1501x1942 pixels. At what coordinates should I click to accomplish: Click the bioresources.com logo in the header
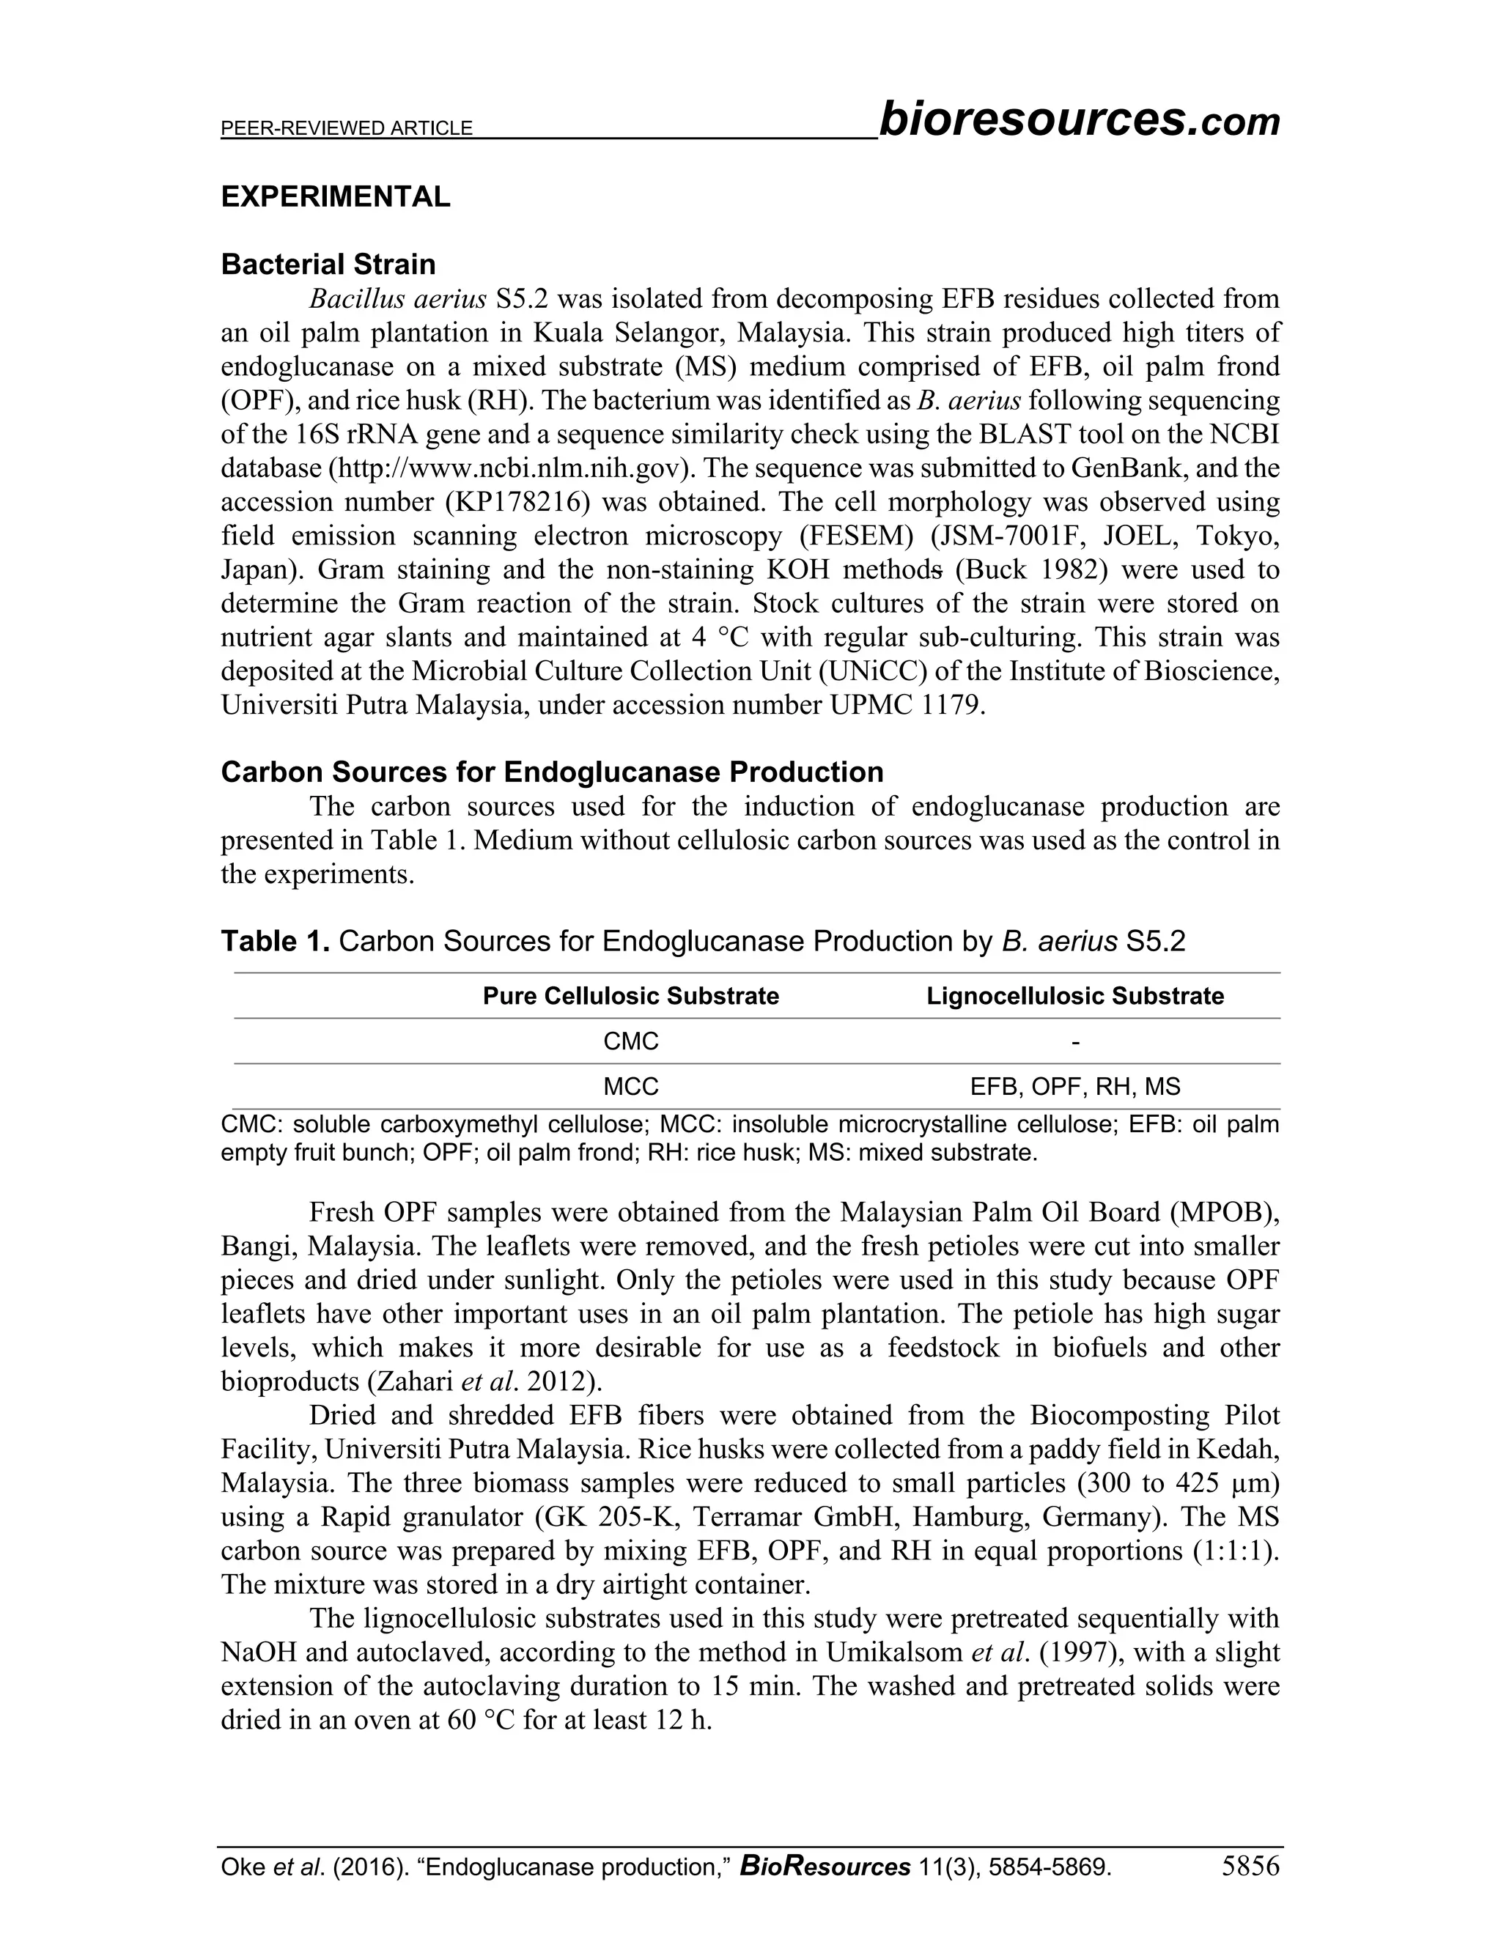point(1079,120)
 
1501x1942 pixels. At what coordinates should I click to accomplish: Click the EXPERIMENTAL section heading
point(335,196)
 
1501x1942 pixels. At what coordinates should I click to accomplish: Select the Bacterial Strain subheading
point(328,264)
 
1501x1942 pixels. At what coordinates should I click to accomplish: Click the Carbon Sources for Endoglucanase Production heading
point(551,772)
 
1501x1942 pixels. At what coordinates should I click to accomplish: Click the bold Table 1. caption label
point(276,941)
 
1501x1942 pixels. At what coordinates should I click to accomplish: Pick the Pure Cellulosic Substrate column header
point(630,996)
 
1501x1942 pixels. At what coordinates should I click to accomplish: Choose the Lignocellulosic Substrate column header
point(1074,996)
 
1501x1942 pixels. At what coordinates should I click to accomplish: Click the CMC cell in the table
point(630,1041)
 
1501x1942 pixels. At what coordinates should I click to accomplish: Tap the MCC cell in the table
point(630,1087)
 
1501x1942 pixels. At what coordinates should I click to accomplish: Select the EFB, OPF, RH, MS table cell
point(1074,1087)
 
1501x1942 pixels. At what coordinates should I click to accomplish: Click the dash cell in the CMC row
point(1075,1041)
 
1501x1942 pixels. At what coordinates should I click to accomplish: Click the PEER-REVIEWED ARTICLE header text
point(346,129)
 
